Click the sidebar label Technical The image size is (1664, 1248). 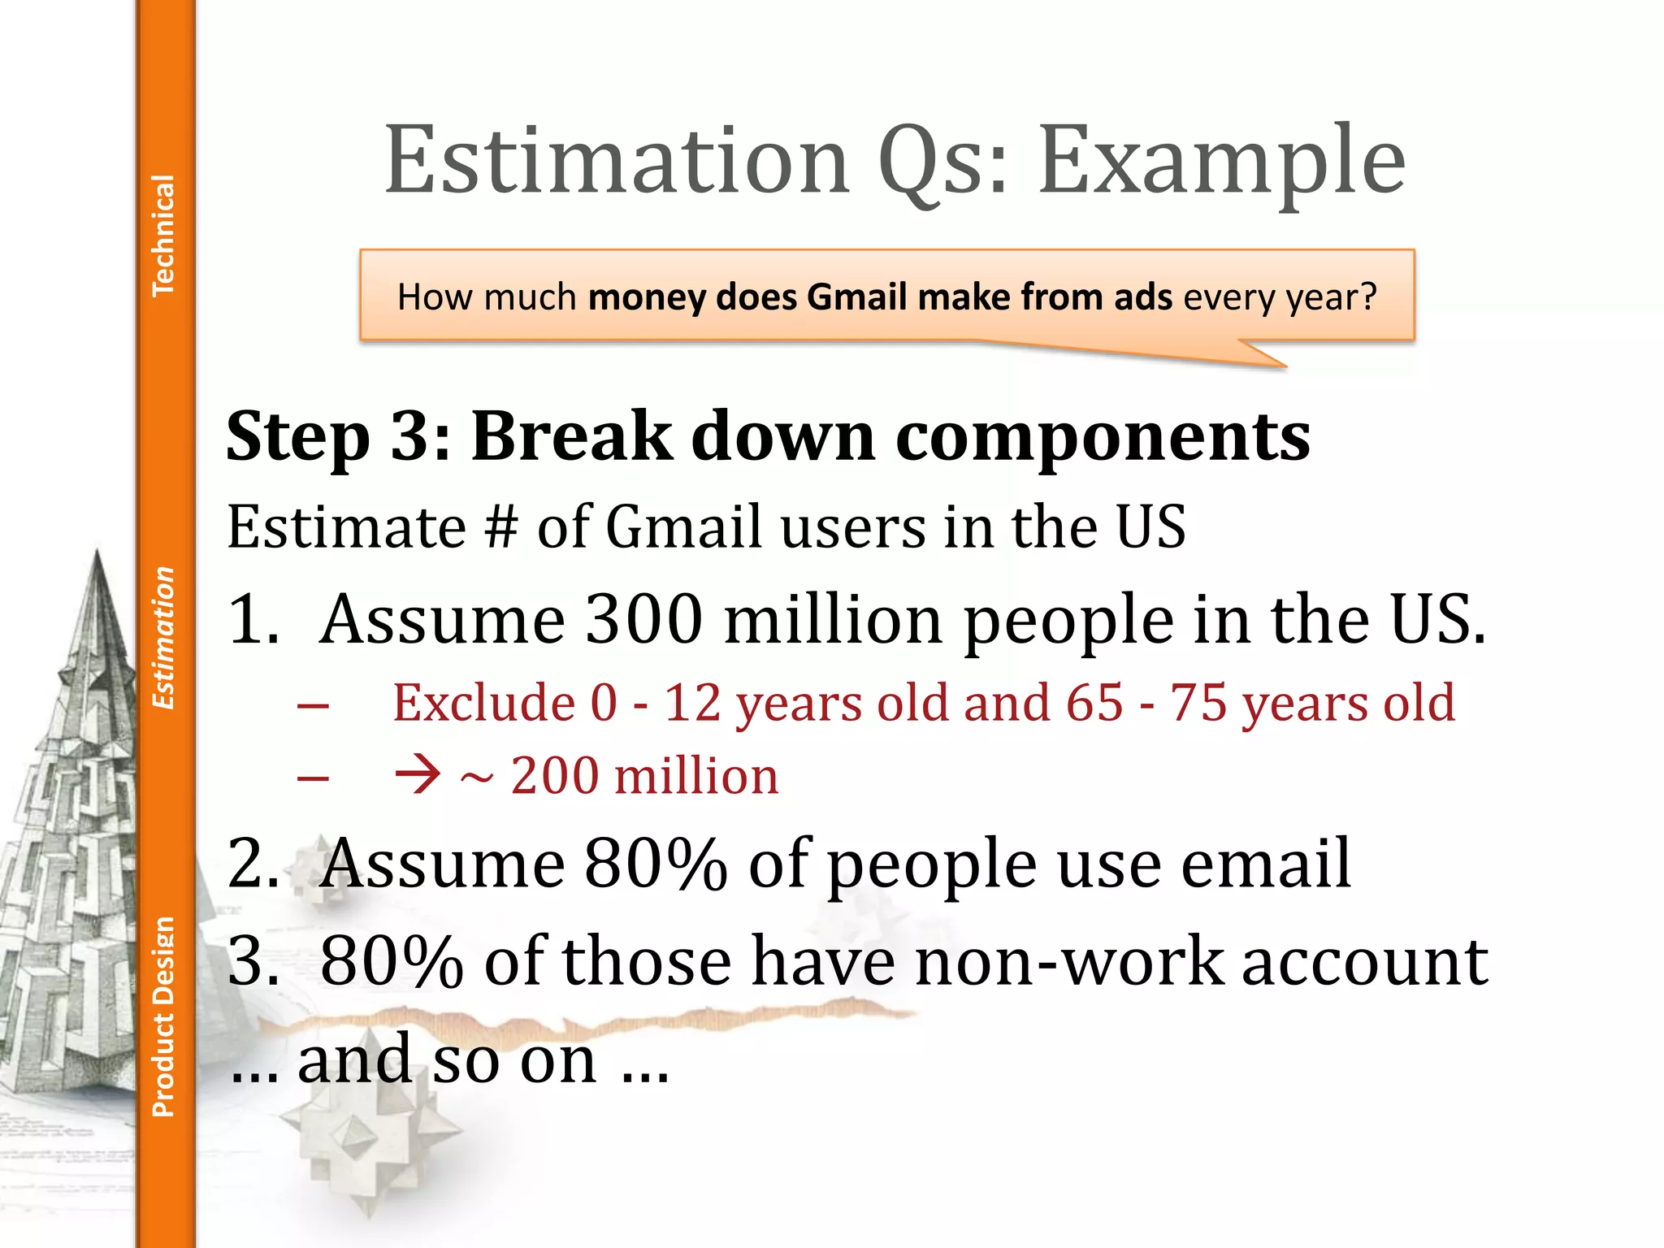click(163, 236)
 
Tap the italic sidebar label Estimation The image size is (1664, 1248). click(163, 638)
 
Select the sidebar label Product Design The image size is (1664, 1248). click(163, 1017)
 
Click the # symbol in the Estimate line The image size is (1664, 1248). click(500, 526)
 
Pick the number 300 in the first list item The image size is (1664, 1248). click(643, 619)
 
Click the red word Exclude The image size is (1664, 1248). click(484, 703)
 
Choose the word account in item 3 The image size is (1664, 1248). click(1365, 962)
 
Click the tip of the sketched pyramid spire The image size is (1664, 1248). click(97, 552)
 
